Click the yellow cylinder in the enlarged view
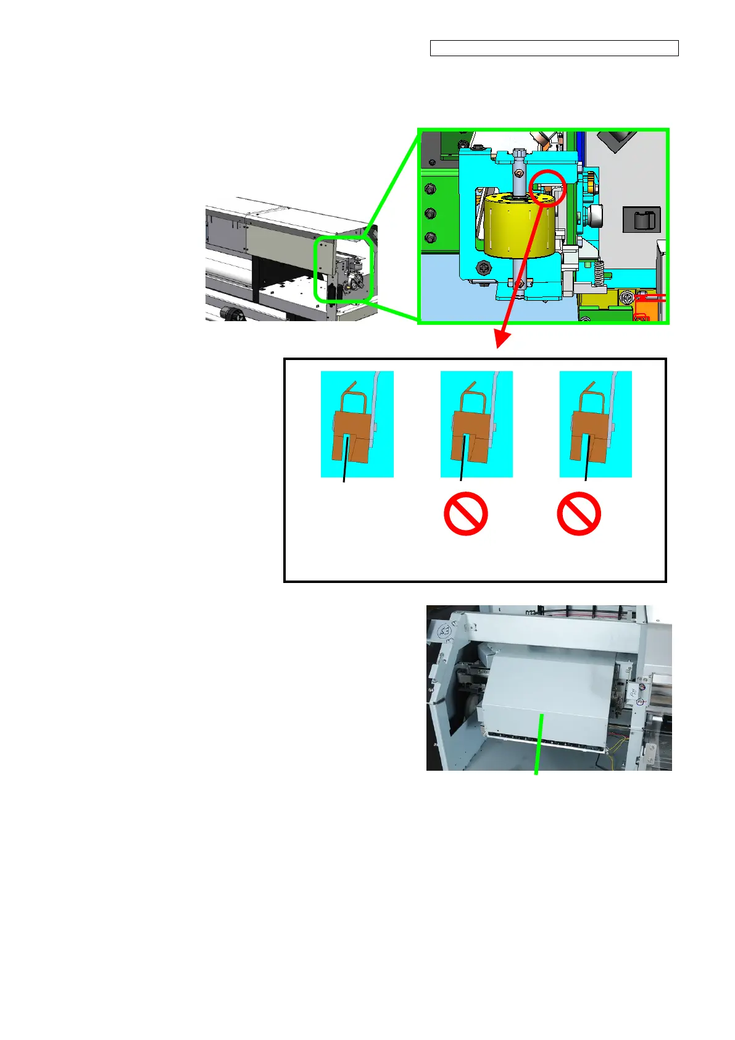[x=515, y=226]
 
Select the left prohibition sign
[x=466, y=513]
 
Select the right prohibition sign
[x=579, y=513]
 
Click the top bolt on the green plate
[x=431, y=189]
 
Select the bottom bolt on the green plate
[x=431, y=237]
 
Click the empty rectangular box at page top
[x=554, y=48]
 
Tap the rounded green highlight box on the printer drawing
[x=344, y=270]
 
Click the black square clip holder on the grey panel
[x=642, y=220]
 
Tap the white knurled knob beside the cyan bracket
[x=595, y=217]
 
